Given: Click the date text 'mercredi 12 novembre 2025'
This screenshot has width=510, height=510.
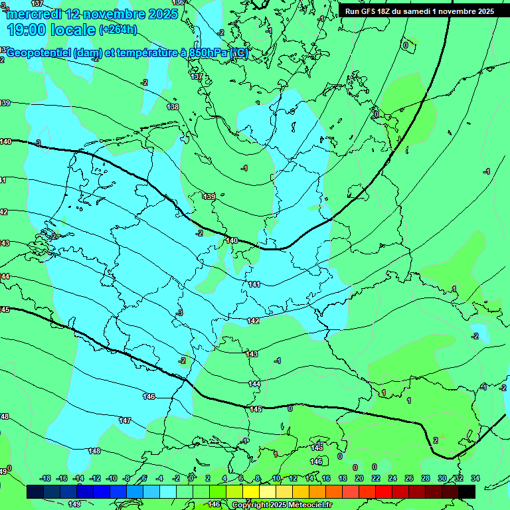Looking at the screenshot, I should (93, 14).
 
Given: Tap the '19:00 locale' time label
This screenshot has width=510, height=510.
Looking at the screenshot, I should (52, 30).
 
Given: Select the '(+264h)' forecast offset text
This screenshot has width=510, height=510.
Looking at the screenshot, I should (118, 30).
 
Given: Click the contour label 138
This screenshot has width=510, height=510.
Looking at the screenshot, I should (173, 107).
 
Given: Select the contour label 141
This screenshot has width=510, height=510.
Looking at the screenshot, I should (254, 284).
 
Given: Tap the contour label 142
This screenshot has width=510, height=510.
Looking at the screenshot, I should (253, 321).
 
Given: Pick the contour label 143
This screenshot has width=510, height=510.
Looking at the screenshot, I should (252, 354).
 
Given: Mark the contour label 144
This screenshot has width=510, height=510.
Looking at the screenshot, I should (254, 384).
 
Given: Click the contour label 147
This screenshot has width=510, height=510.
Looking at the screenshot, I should (124, 420).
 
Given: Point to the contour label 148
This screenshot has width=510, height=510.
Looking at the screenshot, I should (94, 451).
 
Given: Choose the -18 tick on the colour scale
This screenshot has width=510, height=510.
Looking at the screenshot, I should (45, 478).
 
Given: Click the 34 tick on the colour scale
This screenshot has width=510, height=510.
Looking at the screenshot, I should (475, 478).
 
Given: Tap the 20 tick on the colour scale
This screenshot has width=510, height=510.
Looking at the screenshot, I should (359, 478).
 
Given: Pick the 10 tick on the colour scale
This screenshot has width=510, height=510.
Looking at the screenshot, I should (276, 478).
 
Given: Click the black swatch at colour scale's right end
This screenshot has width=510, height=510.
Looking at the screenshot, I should (467, 491).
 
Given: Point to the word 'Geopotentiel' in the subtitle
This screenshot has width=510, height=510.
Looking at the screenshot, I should (40, 53).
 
